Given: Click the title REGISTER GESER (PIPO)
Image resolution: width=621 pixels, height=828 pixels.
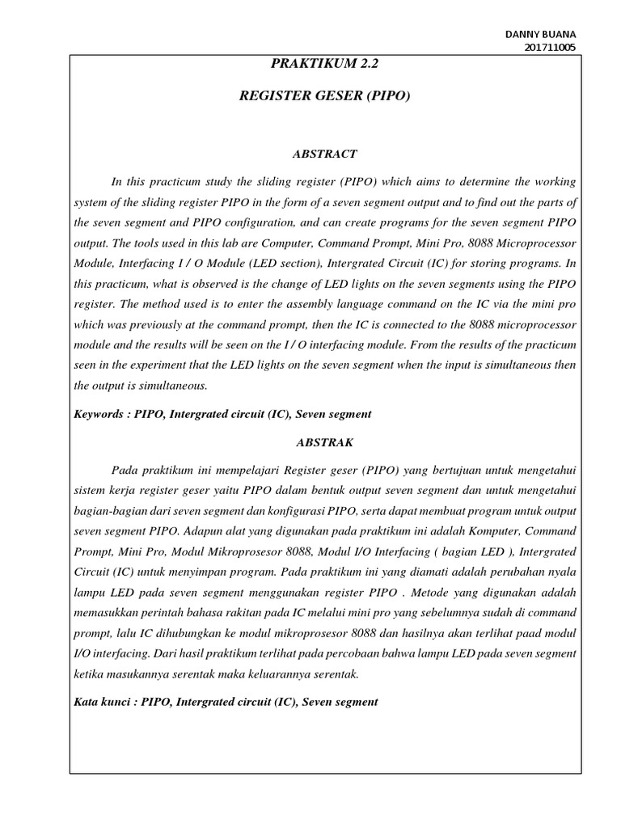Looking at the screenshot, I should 325,97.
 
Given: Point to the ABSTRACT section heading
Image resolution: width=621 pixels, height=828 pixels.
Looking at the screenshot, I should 324,153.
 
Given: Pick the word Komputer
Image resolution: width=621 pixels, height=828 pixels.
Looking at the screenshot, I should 454,531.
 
